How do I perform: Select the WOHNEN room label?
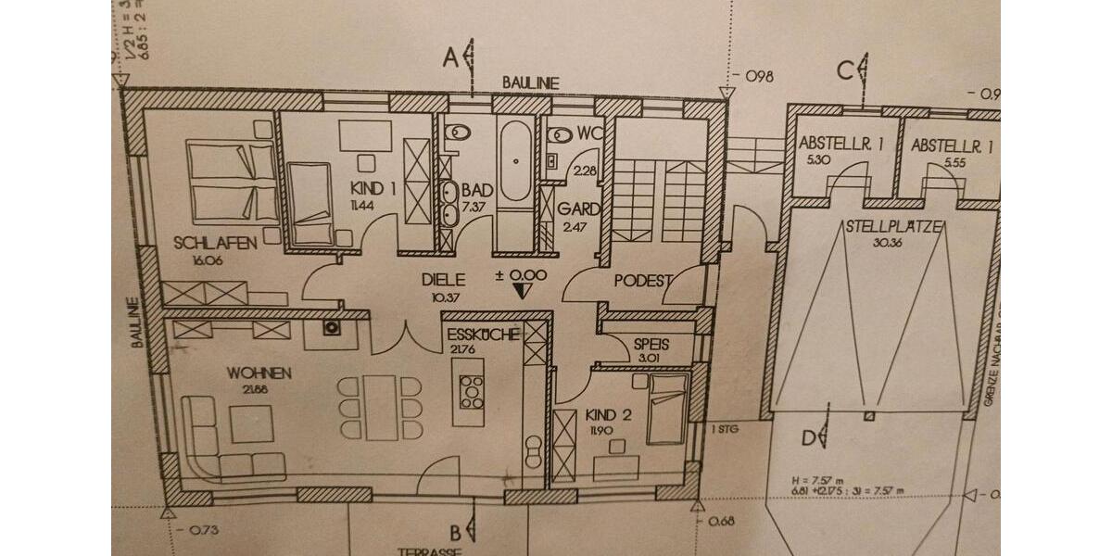point(259,373)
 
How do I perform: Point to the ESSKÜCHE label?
point(482,335)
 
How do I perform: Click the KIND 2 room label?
point(608,415)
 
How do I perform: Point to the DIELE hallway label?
point(442,278)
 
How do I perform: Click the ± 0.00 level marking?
point(522,275)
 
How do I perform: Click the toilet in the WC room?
point(557,134)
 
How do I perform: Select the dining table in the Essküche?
point(381,408)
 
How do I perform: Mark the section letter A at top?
point(451,58)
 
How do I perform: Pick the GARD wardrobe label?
point(578,209)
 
